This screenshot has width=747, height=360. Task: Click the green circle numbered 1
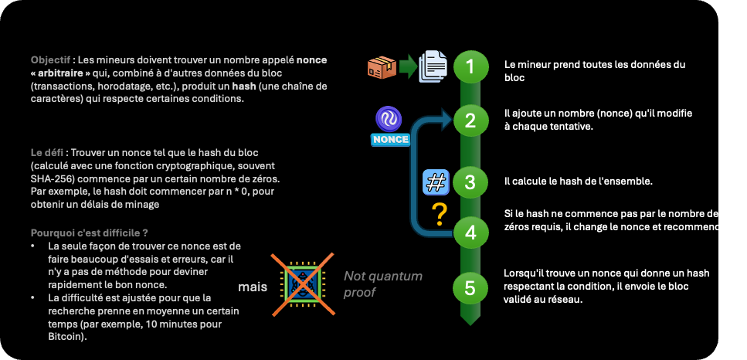[x=469, y=66]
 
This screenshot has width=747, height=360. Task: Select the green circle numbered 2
[x=469, y=120]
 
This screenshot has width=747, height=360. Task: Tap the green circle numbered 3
[x=469, y=183]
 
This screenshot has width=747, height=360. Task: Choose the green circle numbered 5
[x=469, y=288]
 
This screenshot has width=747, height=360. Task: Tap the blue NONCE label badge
[x=390, y=140]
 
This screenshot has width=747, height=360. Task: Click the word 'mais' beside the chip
[x=252, y=287]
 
